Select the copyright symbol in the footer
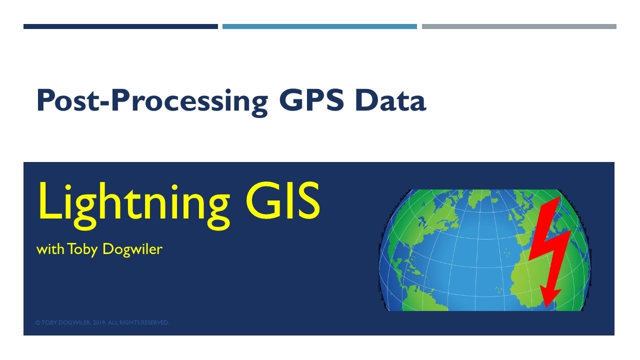pos(37,323)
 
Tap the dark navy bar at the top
pos(120,26)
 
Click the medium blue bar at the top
pos(319,26)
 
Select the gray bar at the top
pos(519,26)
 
